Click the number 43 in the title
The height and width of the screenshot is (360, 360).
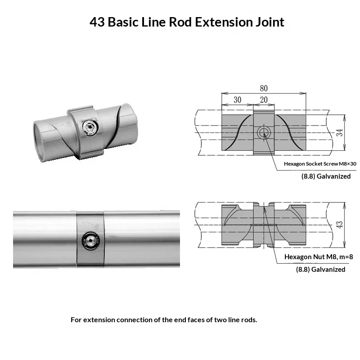pyautogui.click(x=97, y=22)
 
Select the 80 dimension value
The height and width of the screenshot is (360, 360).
pyautogui.click(x=264, y=89)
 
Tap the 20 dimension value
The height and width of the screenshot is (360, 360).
pyautogui.click(x=264, y=100)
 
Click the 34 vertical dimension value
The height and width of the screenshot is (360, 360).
pyautogui.click(x=340, y=133)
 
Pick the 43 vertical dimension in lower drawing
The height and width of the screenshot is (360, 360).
pyautogui.click(x=340, y=224)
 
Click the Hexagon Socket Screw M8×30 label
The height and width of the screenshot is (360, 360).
pyautogui.click(x=320, y=164)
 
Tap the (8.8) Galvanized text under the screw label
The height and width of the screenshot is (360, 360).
pyautogui.click(x=326, y=176)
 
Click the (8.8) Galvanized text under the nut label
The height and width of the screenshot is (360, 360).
pyautogui.click(x=320, y=269)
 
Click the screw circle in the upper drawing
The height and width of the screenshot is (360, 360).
pyautogui.click(x=264, y=133)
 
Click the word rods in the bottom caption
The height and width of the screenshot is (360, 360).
pyautogui.click(x=247, y=320)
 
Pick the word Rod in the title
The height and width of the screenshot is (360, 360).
pyautogui.click(x=180, y=22)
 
